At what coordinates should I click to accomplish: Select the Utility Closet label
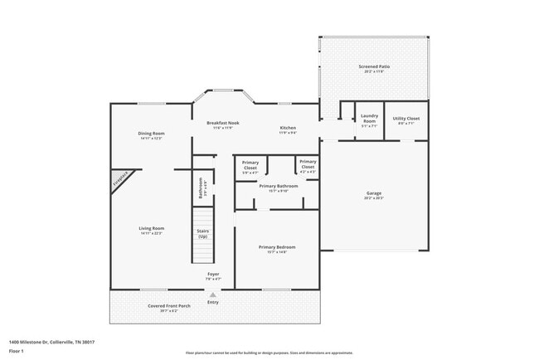pos(405,119)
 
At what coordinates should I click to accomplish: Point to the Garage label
pos(374,193)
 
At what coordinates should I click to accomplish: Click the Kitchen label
pos(287,127)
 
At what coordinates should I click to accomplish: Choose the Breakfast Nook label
pos(222,123)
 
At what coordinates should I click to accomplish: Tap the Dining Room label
pos(151,134)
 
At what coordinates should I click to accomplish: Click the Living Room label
pos(151,228)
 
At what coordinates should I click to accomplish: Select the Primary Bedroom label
pos(277,247)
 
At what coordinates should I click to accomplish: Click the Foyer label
pos(213,274)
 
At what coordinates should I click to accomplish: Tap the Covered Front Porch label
pos(169,306)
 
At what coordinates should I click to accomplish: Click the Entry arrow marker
pos(213,294)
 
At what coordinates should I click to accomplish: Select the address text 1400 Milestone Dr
pos(51,342)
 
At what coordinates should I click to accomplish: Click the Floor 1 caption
pos(17,351)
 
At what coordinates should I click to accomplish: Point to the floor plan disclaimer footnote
pos(269,353)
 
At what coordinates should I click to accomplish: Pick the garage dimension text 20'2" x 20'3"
pos(374,198)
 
